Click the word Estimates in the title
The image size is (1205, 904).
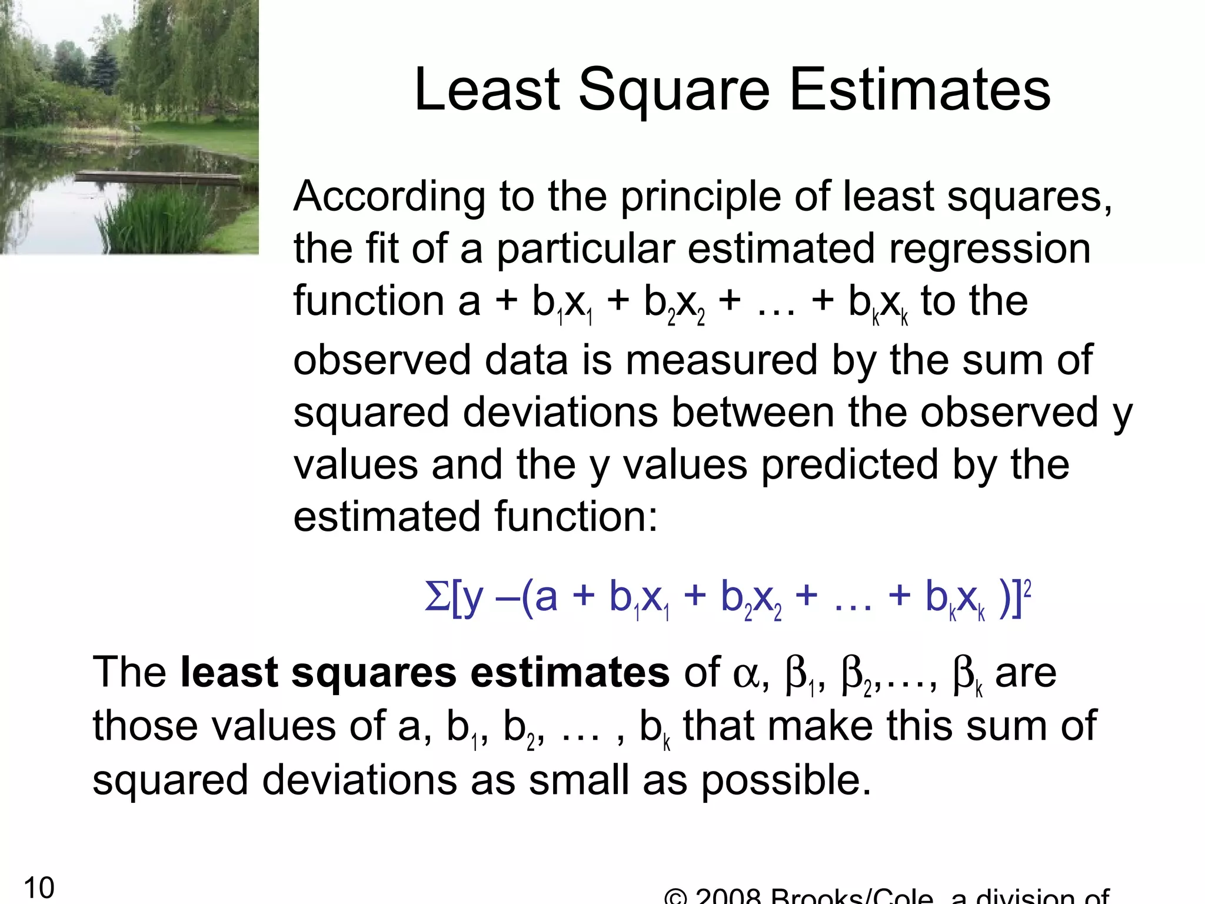(920, 90)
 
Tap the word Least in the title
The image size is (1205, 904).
(487, 90)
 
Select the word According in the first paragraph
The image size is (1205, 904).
(389, 198)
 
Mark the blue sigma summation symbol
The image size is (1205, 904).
(437, 597)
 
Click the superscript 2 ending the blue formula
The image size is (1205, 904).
(1027, 587)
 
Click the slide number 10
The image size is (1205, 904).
(39, 888)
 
